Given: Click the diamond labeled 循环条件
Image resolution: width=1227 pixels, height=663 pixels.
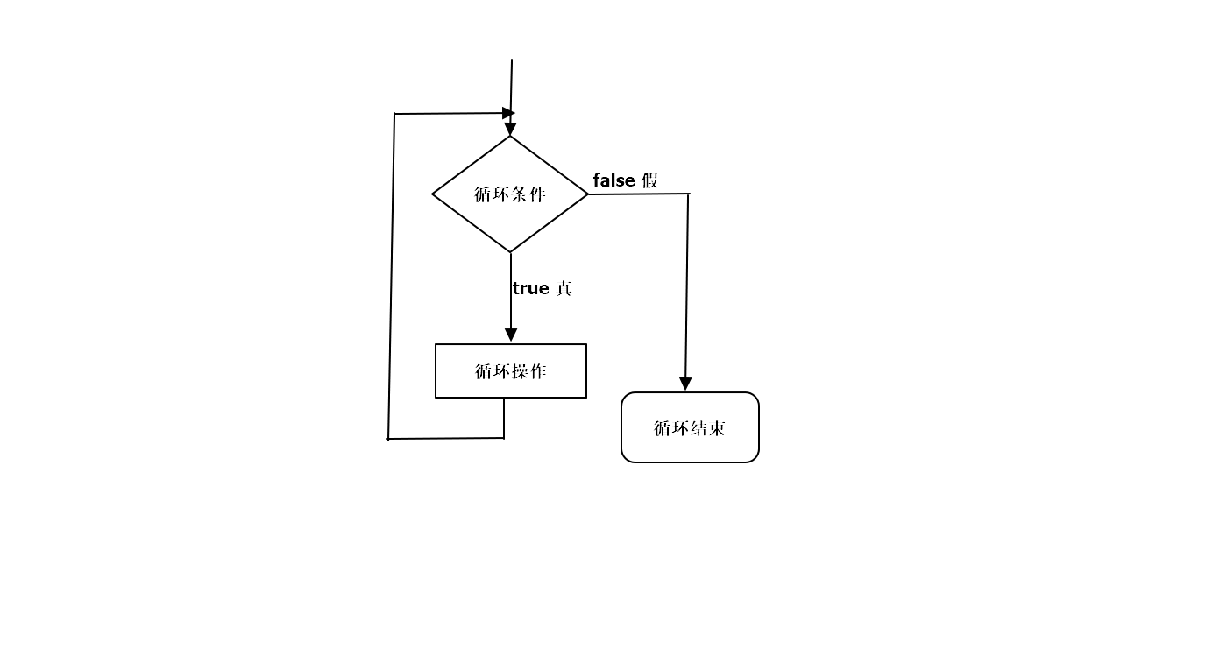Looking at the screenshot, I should [x=510, y=194].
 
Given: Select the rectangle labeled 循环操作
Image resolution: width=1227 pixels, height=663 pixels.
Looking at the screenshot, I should [x=511, y=371].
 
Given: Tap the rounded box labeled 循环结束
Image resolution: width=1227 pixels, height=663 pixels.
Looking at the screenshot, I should [x=690, y=427].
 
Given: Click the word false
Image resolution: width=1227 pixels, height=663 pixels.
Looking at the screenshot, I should [x=613, y=180].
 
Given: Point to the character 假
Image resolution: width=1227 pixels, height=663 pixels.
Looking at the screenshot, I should [x=649, y=180].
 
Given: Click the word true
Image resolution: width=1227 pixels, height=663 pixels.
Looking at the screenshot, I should [x=530, y=288].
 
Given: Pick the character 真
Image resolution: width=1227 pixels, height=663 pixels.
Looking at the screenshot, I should [x=564, y=288].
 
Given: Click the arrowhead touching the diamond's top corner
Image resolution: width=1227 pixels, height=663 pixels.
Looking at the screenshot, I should [x=510, y=130].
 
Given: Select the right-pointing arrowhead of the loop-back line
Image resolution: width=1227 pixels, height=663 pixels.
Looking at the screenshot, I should [x=507, y=113].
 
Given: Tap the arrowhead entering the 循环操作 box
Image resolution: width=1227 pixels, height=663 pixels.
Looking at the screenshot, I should [x=511, y=335].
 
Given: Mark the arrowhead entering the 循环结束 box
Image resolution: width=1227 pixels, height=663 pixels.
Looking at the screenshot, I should [x=685, y=384].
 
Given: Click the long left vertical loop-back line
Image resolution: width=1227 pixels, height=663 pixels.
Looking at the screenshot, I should [x=392, y=280].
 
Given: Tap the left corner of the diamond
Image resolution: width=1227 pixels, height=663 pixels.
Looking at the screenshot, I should [x=434, y=194].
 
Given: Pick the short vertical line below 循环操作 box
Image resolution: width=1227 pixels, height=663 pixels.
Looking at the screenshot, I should [x=504, y=418].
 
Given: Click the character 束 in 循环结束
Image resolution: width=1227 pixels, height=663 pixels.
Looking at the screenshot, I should [x=718, y=428].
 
